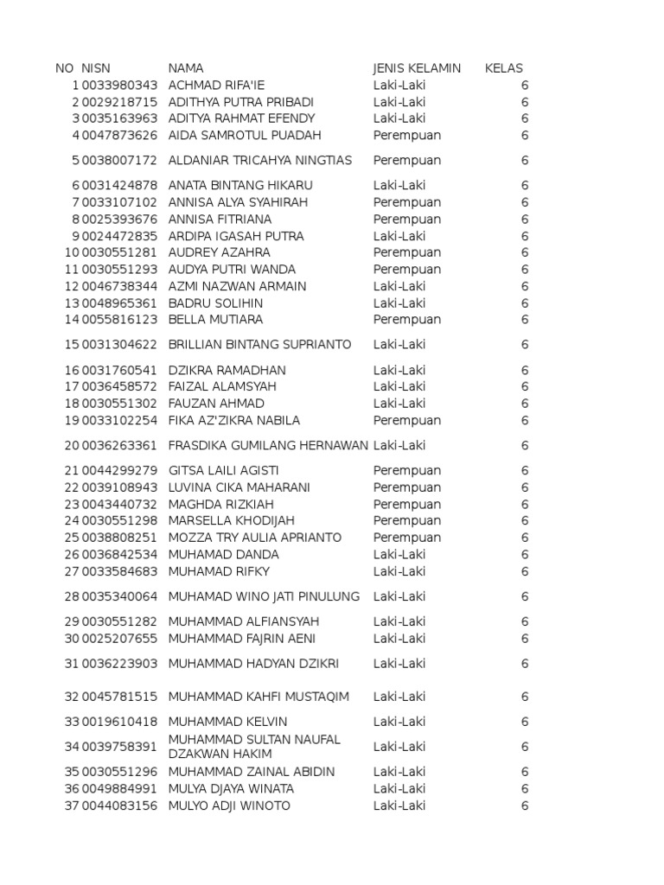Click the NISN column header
pos(96,68)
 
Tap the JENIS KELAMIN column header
pos(417,68)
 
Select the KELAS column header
pos(504,68)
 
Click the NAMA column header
pos(186,68)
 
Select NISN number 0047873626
pos(120,135)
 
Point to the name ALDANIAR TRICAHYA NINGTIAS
pos(260,160)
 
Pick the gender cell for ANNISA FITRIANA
pos(407,219)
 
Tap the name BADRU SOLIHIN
pos(216,303)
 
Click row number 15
pos(72,345)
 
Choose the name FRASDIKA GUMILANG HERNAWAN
pos(268,445)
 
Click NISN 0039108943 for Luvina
pos(120,487)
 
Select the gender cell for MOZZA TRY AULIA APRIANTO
pos(407,538)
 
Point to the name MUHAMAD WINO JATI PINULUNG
pos(264,596)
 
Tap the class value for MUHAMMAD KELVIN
pos(525,722)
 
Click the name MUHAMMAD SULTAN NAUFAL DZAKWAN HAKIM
pos(254,747)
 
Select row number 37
pos(72,805)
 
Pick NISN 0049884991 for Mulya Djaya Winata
pos(120,788)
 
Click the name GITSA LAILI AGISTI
pos(223,470)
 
